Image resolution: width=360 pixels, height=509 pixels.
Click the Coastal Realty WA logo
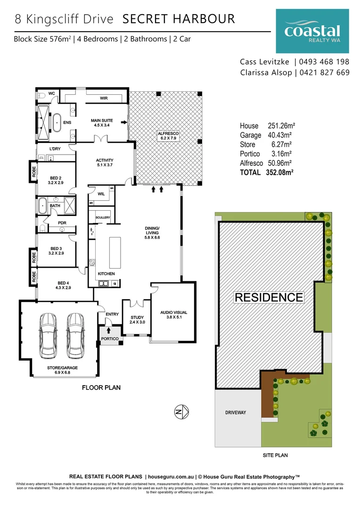click(x=312, y=31)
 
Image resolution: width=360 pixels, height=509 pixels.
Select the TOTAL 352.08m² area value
click(x=277, y=172)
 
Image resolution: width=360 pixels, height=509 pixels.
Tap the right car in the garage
click(x=75, y=336)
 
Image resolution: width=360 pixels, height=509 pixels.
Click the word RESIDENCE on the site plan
click(x=269, y=297)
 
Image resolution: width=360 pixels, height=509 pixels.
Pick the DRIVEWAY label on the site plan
click(x=236, y=412)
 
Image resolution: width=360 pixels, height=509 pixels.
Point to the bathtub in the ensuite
click(x=57, y=123)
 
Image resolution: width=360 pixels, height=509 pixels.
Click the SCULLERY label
click(x=103, y=217)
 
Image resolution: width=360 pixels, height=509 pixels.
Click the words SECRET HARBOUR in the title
click(x=178, y=19)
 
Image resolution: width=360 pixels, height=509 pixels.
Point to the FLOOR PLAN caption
click(x=101, y=388)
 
